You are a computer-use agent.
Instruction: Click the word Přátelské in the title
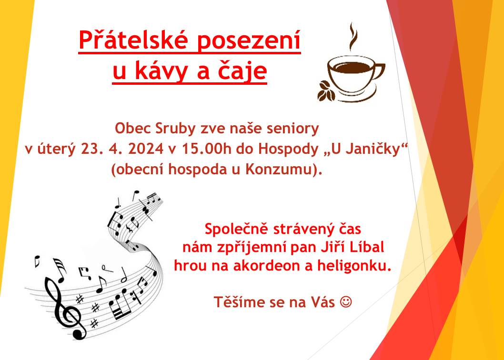pos(134,40)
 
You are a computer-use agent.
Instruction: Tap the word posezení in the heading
pos(249,41)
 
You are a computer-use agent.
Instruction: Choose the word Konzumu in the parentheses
pos(279,170)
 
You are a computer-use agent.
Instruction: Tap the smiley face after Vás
pos(346,302)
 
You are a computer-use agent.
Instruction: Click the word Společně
pos(236,230)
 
